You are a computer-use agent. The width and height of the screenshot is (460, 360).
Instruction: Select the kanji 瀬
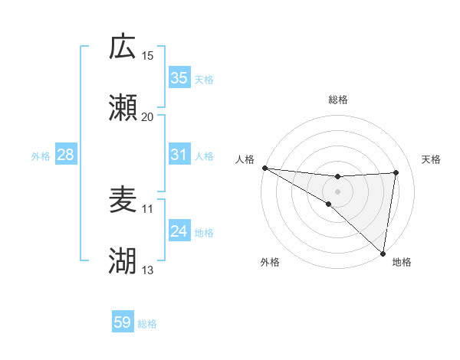tap(123, 108)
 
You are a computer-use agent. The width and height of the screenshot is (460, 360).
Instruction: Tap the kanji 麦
tap(123, 200)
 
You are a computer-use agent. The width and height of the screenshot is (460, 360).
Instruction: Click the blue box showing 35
tap(179, 78)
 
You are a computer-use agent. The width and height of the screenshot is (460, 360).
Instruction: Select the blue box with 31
tap(179, 155)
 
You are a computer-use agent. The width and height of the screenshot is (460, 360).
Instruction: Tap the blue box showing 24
tap(179, 231)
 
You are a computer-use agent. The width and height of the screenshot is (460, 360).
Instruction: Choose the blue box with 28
tap(66, 155)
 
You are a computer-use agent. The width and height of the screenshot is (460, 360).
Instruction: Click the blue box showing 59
tap(123, 322)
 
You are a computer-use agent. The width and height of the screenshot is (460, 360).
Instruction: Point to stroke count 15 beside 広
tap(148, 55)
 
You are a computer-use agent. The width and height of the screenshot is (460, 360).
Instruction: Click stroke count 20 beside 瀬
tap(148, 116)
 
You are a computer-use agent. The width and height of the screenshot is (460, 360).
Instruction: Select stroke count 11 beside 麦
tap(147, 208)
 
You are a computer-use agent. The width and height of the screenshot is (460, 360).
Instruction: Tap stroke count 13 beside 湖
tap(147, 270)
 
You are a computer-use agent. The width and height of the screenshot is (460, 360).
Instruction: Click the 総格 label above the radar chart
tap(338, 100)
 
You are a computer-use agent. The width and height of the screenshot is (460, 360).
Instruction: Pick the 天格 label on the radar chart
tap(431, 159)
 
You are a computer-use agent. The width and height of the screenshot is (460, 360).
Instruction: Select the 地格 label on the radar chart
tap(402, 262)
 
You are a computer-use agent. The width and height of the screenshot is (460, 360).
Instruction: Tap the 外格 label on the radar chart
tap(270, 262)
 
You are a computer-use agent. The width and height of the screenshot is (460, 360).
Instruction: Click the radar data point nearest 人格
tap(264, 168)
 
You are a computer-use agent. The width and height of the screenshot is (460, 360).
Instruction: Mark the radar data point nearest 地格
tap(383, 253)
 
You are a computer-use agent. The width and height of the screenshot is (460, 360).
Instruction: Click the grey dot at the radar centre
tap(338, 191)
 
